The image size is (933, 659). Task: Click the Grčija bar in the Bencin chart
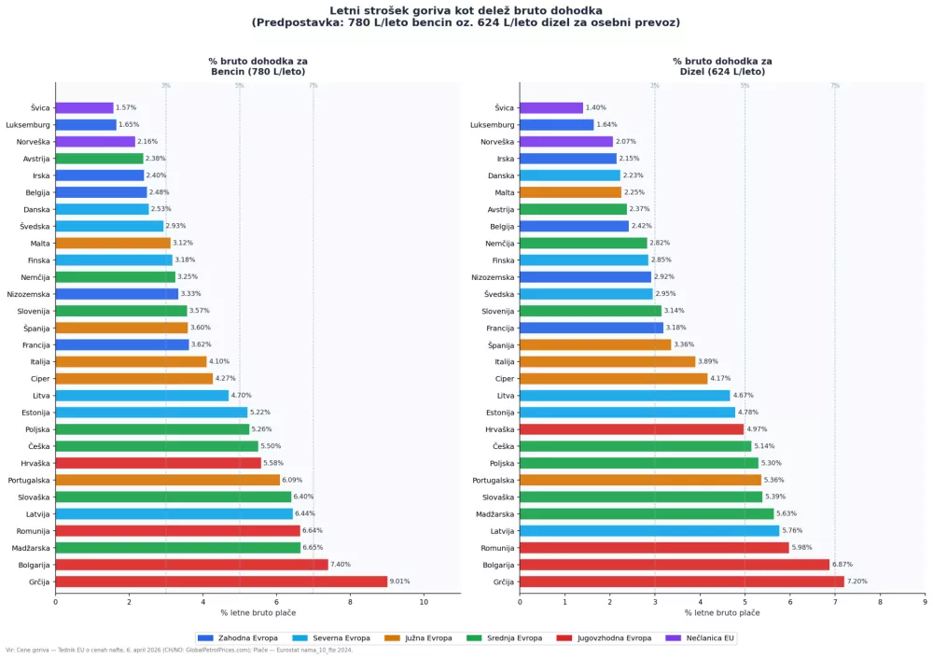221,582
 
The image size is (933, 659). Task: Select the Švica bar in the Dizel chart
550,108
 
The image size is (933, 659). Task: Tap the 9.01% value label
400,582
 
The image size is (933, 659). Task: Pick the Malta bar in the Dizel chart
570,192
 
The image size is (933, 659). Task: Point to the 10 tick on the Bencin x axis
424,602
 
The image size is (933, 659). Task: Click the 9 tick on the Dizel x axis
925,602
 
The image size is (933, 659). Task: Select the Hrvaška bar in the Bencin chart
158,463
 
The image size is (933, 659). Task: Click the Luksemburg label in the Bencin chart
28,125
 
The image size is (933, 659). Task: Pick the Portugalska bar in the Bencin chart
167,480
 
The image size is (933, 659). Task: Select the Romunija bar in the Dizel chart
654,548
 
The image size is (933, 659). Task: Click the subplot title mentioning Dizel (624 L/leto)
722,66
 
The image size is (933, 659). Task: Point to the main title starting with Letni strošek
466,16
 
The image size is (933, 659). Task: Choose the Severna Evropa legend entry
332,638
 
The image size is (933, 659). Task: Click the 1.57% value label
126,108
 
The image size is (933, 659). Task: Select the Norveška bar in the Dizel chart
566,142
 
